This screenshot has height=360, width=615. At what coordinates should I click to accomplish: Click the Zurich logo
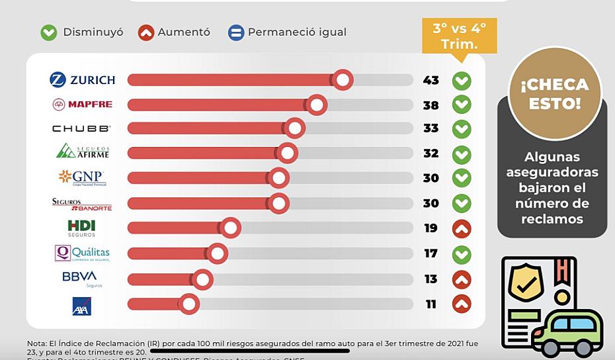pyautogui.click(x=82, y=80)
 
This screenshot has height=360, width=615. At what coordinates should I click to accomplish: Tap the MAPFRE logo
pyautogui.click(x=82, y=105)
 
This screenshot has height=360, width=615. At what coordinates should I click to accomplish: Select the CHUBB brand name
pyautogui.click(x=81, y=128)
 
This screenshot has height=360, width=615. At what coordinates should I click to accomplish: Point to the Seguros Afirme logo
pyautogui.click(x=83, y=152)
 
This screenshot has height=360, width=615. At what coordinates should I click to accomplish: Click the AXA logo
pyautogui.click(x=81, y=306)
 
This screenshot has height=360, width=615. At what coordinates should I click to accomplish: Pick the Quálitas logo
pyautogui.click(x=82, y=253)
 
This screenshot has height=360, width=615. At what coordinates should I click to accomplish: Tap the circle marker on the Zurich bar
pyautogui.click(x=343, y=80)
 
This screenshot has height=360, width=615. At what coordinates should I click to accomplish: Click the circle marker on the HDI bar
pyautogui.click(x=230, y=228)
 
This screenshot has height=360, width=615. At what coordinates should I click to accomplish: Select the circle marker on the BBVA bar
pyautogui.click(x=202, y=279)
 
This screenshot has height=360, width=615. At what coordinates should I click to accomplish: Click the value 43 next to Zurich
pyautogui.click(x=430, y=80)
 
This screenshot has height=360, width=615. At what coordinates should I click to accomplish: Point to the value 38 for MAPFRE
pyautogui.click(x=430, y=105)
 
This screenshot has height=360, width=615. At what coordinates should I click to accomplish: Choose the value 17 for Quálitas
pyautogui.click(x=430, y=253)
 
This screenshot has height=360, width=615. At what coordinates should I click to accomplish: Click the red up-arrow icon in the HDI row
pyautogui.click(x=462, y=229)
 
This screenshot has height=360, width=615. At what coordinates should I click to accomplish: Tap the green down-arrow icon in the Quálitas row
pyautogui.click(x=462, y=253)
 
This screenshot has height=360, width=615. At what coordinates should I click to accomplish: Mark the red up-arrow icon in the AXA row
pyautogui.click(x=462, y=304)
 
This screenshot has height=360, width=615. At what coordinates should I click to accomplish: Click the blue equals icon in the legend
pyautogui.click(x=236, y=32)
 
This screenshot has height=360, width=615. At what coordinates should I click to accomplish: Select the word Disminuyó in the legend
pyautogui.click(x=93, y=32)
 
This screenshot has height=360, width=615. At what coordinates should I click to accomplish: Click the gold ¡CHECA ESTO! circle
pyautogui.click(x=554, y=94)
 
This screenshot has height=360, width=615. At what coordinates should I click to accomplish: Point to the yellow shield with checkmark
pyautogui.click(x=526, y=281)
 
